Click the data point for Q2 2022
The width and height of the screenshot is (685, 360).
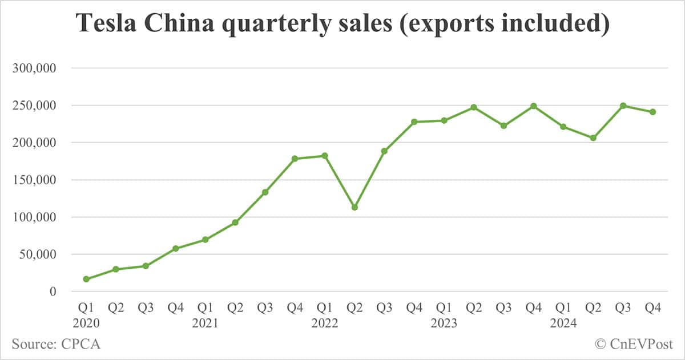(354, 207)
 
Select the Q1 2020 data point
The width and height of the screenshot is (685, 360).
(86, 279)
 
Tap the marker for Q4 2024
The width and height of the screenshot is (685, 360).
(652, 112)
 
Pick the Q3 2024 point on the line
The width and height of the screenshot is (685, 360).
(623, 106)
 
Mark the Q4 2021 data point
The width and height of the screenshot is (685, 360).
(295, 159)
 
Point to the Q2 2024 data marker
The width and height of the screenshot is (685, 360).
(593, 137)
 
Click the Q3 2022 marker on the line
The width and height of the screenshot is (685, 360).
(384, 151)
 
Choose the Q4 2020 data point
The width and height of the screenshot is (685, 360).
(176, 248)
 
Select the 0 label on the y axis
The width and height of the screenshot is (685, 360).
(53, 292)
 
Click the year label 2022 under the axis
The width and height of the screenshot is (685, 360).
(325, 323)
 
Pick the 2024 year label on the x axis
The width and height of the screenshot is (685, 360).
(563, 323)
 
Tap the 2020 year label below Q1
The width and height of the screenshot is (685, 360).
(86, 323)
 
